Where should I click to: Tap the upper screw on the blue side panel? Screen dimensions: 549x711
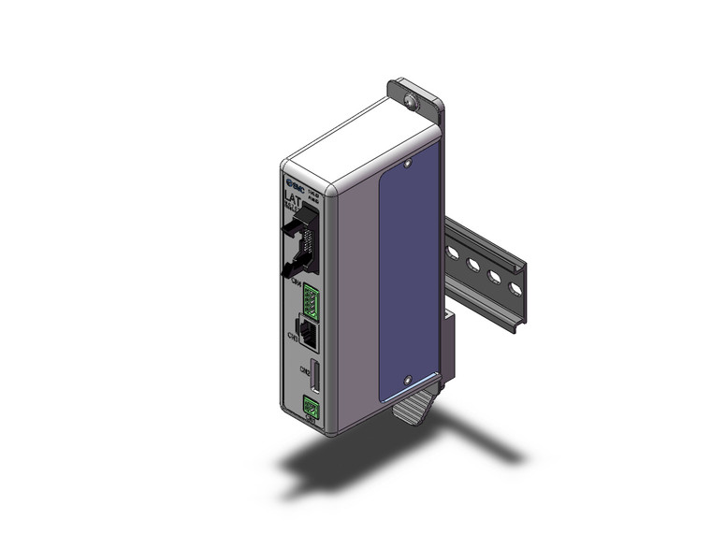pyautogui.click(x=408, y=166)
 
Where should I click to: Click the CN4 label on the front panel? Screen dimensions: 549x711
pyautogui.click(x=296, y=282)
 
